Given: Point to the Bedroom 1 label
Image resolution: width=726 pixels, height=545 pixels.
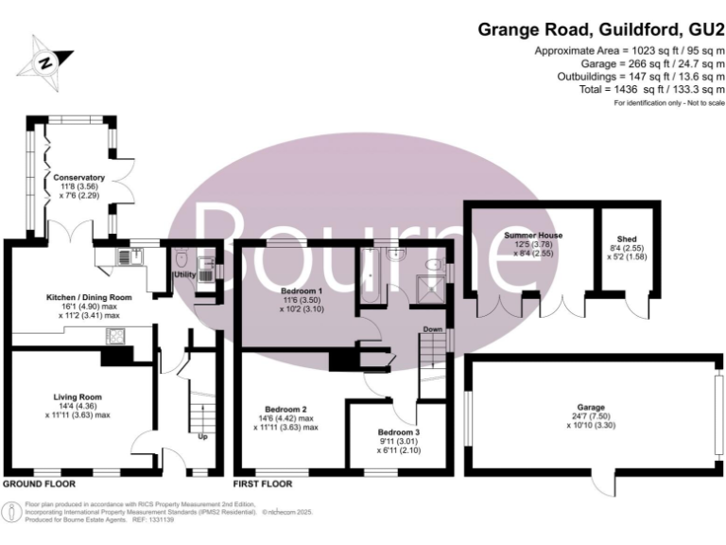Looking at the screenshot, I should point(302,290).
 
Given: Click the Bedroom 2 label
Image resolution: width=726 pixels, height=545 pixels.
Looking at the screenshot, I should point(285,410).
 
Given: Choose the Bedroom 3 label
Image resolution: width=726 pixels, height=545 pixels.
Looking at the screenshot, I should point(398,431).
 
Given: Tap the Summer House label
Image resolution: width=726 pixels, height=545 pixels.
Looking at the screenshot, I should point(533,235).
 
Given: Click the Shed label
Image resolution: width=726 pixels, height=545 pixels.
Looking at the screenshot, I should point(626,239).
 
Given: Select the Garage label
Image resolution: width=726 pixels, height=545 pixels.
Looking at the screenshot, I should point(596,402).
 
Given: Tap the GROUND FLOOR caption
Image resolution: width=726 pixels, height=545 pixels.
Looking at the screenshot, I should point(39,483).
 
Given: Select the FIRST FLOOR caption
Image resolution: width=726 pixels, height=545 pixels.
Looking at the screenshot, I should point(264,483).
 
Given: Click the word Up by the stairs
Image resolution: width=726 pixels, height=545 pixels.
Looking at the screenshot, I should point(201,437).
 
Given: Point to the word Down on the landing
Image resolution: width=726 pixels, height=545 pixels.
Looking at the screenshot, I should point(433,329).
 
